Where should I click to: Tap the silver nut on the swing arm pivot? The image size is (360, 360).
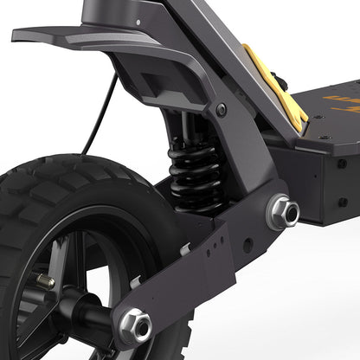point(283,212)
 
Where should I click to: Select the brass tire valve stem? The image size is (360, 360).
point(45,281)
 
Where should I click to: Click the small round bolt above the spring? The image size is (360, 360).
point(222,110)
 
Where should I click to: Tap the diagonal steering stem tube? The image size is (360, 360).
point(225,52)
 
